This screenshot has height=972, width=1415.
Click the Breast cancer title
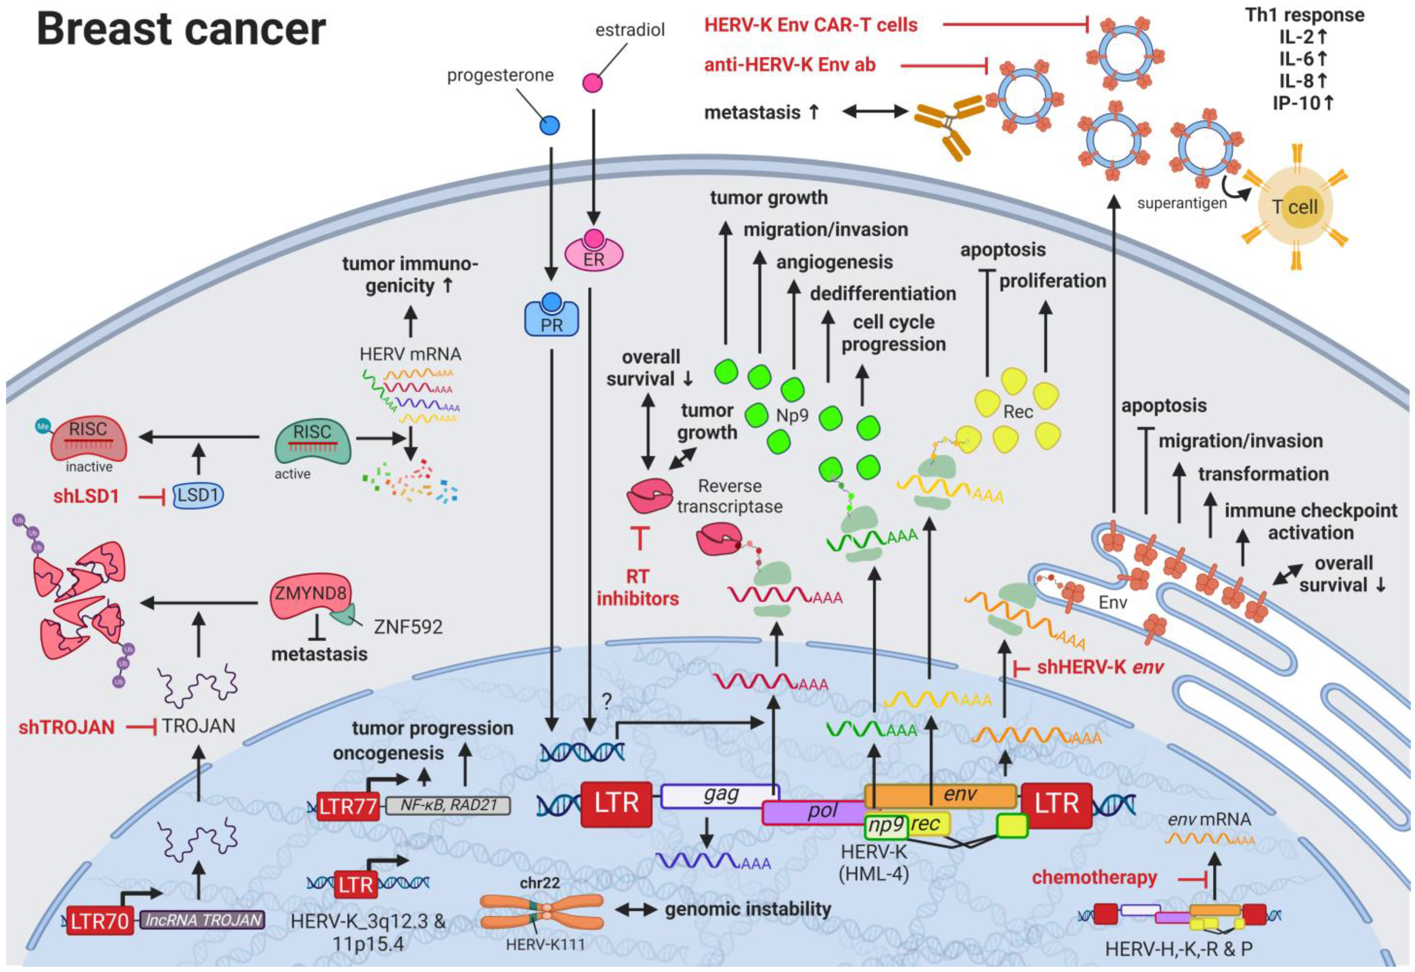(181, 29)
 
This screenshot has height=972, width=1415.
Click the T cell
(1296, 208)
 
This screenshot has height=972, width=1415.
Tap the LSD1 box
(198, 495)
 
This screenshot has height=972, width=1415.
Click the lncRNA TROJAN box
(203, 920)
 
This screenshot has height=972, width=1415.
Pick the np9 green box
(886, 826)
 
